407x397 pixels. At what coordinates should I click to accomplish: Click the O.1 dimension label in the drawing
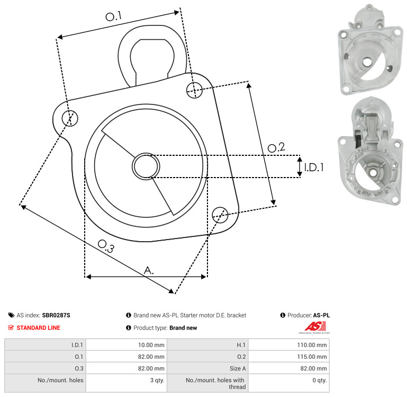[x=113, y=16]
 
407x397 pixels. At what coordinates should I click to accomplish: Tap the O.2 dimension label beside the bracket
[x=276, y=147]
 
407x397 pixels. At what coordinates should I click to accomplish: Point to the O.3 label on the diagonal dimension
[x=106, y=246]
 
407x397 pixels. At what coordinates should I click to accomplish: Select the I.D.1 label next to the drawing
[x=314, y=167]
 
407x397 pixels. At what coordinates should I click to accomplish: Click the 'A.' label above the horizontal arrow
[x=149, y=270]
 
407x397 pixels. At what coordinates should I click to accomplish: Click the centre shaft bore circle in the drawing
[x=146, y=166]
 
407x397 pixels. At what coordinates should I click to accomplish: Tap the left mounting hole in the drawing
[x=70, y=118]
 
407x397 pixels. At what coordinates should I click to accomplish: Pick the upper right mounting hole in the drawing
[x=194, y=90]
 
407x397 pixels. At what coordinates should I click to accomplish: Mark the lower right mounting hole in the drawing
[x=220, y=215]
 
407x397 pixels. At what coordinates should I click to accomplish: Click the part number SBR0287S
[x=56, y=315]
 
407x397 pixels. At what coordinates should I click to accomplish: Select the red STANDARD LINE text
[x=39, y=328]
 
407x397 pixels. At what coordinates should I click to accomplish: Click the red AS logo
[x=315, y=327]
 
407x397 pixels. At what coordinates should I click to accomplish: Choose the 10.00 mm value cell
[x=126, y=345]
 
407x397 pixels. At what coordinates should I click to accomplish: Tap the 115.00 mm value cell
[x=289, y=356]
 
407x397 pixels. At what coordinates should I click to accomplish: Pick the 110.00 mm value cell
[x=289, y=345]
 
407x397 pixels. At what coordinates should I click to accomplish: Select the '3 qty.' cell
[x=126, y=383]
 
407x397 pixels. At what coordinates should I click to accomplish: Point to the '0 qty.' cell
[x=289, y=383]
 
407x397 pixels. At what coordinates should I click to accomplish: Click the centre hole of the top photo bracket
[x=366, y=62]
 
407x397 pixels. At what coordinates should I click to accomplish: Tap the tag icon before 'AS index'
[x=11, y=315]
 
